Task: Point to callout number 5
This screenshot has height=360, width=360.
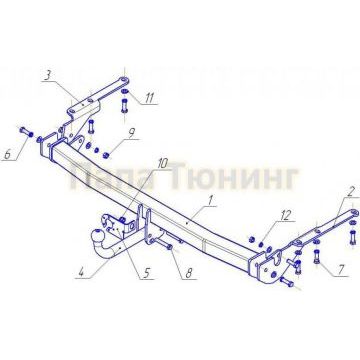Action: (146, 273)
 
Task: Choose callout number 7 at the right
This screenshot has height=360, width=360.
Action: (342, 269)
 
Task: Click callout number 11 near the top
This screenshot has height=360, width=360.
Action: (150, 97)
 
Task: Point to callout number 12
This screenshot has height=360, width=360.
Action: (286, 214)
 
